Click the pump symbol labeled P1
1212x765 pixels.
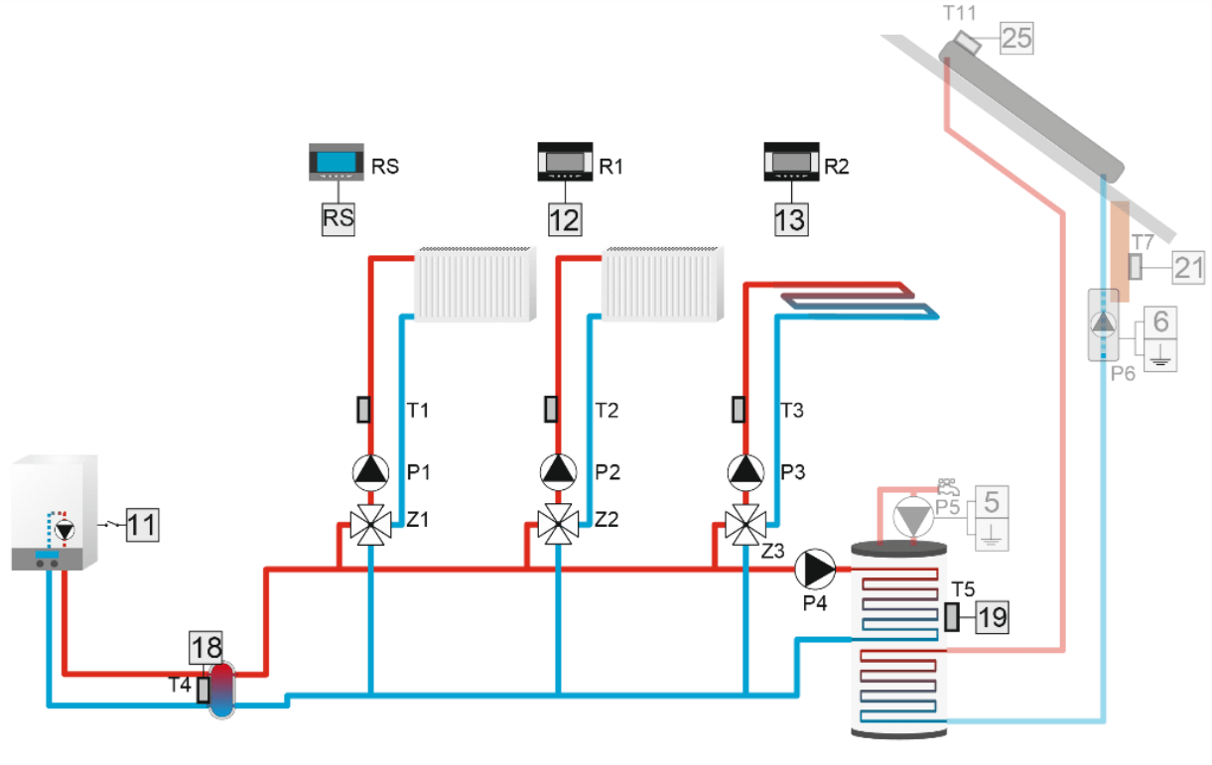tap(370, 472)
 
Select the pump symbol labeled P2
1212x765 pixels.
tap(559, 472)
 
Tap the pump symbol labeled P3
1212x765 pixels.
tap(745, 472)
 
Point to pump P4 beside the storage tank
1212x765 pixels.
tap(815, 570)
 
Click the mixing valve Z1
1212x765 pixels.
tap(370, 524)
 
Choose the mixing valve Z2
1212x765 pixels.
tap(559, 524)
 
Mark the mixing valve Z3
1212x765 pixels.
tap(745, 524)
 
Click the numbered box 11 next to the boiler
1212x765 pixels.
tap(143, 525)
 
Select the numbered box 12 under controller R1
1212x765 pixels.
tap(566, 219)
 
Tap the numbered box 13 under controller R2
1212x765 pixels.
tap(791, 219)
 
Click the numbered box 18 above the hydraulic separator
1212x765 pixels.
tap(206, 648)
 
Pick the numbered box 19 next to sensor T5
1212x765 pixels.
tap(993, 617)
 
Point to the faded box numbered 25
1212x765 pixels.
tap(1017, 38)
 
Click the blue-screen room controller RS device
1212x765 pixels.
tap(337, 162)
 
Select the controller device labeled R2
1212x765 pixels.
tap(791, 161)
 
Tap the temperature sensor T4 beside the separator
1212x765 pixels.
tap(202, 690)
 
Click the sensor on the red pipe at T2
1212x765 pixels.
tap(551, 409)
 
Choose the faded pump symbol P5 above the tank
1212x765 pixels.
tap(913, 518)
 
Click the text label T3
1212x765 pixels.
tap(791, 411)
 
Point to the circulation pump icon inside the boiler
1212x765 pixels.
tap(65, 530)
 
